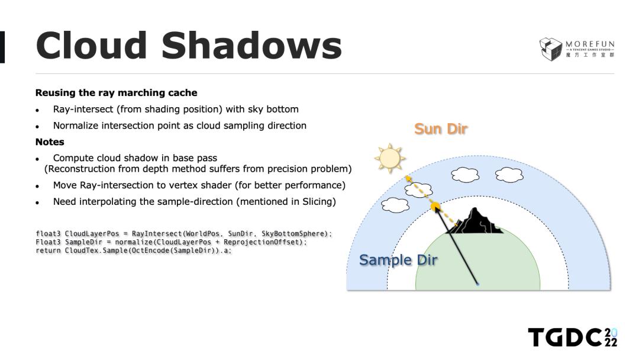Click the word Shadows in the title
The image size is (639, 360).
(x=251, y=45)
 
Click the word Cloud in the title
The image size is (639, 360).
(x=91, y=45)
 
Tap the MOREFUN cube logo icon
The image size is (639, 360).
(x=550, y=49)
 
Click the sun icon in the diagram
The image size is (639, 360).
(x=389, y=158)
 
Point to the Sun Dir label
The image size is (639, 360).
(x=441, y=129)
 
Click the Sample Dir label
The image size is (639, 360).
(x=398, y=260)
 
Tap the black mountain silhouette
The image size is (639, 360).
(x=475, y=222)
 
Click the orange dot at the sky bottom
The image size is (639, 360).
(x=435, y=206)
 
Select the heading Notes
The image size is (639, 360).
(x=50, y=142)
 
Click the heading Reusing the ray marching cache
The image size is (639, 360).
(x=116, y=92)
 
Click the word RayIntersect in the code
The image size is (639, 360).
(x=156, y=234)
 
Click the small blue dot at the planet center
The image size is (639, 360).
(x=477, y=284)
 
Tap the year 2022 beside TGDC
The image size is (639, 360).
(x=611, y=337)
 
